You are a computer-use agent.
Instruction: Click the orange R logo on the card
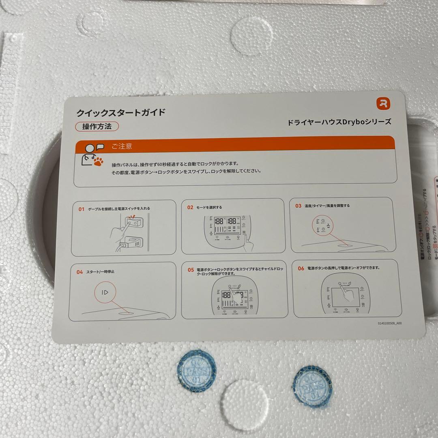[382, 103]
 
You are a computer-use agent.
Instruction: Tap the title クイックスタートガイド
[121, 112]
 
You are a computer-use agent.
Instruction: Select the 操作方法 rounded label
[97, 126]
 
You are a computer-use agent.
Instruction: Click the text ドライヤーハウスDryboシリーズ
[339, 122]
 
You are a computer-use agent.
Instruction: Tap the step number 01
[82, 209]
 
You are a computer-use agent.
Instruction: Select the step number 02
[190, 207]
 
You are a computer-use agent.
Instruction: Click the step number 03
[298, 206]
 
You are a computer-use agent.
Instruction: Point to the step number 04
[79, 272]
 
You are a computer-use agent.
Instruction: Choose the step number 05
[191, 270]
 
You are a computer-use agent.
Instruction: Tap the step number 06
[301, 268]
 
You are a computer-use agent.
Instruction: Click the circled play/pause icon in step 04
[105, 292]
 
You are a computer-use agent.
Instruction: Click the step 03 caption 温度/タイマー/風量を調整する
[328, 206]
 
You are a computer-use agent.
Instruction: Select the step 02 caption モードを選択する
[209, 207]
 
